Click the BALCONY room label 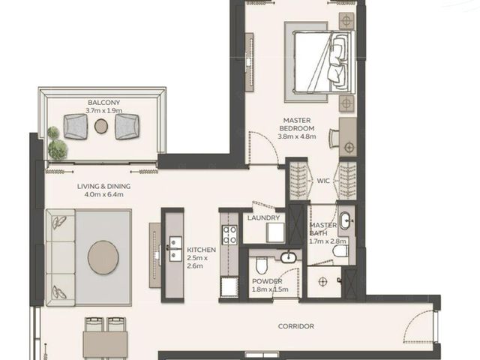coord(103,103)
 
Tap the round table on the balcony coord(101,126)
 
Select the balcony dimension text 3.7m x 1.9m coord(103,111)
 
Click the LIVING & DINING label coord(103,186)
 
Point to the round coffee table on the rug coord(103,257)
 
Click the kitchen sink coord(175,249)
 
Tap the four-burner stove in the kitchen coord(229,235)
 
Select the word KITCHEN coord(201,250)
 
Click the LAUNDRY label coord(263,218)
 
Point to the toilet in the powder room coord(262,265)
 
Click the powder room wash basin coord(288,257)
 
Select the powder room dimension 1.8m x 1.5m coord(270,289)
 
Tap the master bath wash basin coord(345,220)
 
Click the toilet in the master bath coord(340,250)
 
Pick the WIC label coord(323,181)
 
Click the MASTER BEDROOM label coord(297,124)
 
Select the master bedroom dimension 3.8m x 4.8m coord(297,136)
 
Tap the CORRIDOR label coord(296,326)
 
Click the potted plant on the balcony coord(56,143)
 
